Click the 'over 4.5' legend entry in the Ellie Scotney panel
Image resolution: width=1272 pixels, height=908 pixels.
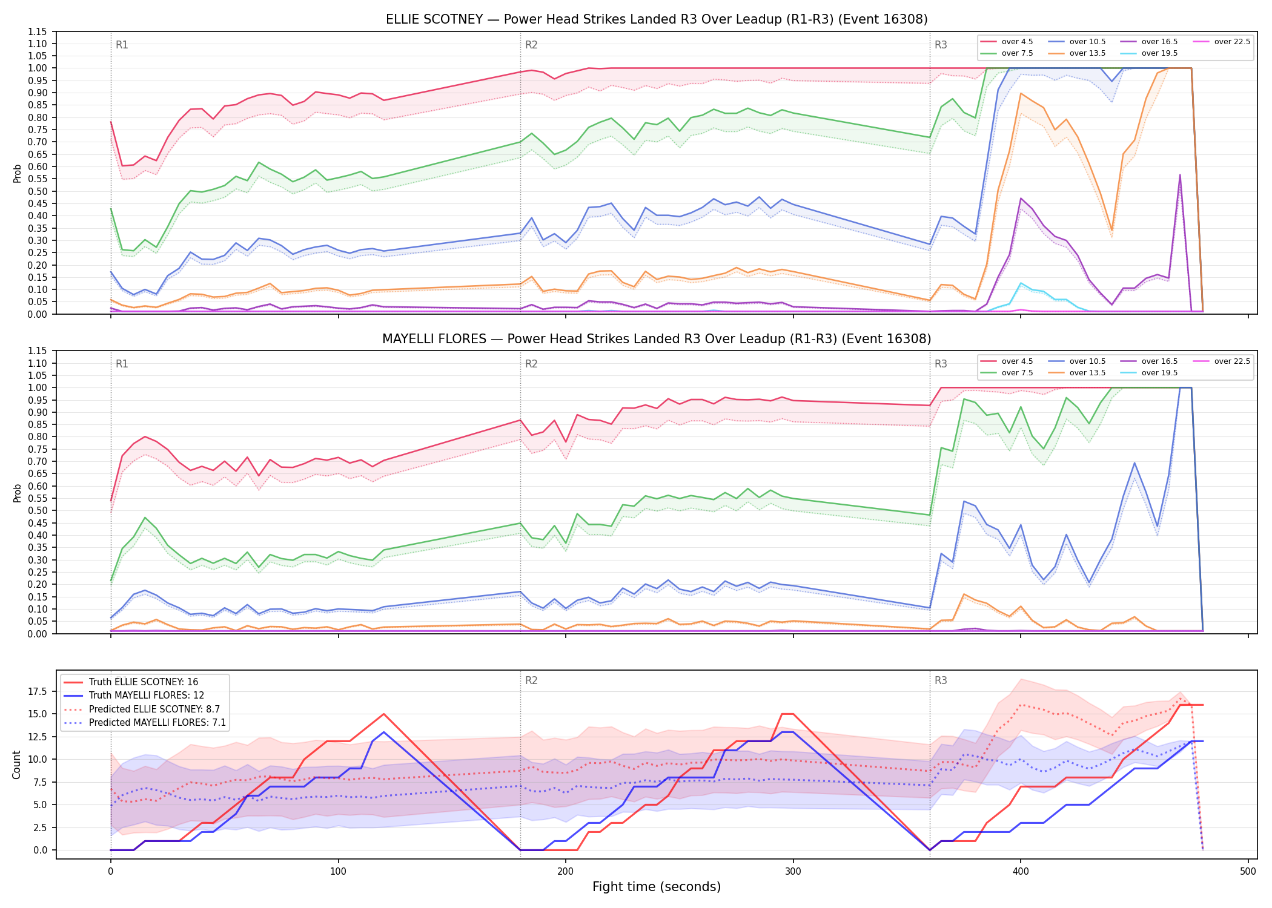pos(1007,42)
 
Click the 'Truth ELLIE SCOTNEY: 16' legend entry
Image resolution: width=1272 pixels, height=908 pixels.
pos(131,682)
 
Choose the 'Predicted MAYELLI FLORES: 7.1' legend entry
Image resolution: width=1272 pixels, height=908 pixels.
pos(145,722)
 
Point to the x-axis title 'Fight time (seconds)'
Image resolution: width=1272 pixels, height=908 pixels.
pos(657,887)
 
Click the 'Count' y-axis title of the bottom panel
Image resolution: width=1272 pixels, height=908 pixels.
pos(16,765)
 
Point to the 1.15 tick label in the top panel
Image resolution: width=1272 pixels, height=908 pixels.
pos(38,31)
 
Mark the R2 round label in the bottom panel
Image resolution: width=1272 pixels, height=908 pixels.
pos(531,680)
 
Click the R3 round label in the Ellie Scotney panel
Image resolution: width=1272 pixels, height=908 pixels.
pos(941,45)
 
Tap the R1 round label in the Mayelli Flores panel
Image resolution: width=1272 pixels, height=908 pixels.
pos(122,364)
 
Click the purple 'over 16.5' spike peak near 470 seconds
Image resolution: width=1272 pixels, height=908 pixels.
pos(1180,175)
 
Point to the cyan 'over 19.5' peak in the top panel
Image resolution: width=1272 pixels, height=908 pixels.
pos(1021,283)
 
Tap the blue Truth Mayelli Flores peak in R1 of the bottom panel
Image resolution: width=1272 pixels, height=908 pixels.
pos(383,732)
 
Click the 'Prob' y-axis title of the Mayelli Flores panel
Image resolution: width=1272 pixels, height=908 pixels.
pos(17,493)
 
